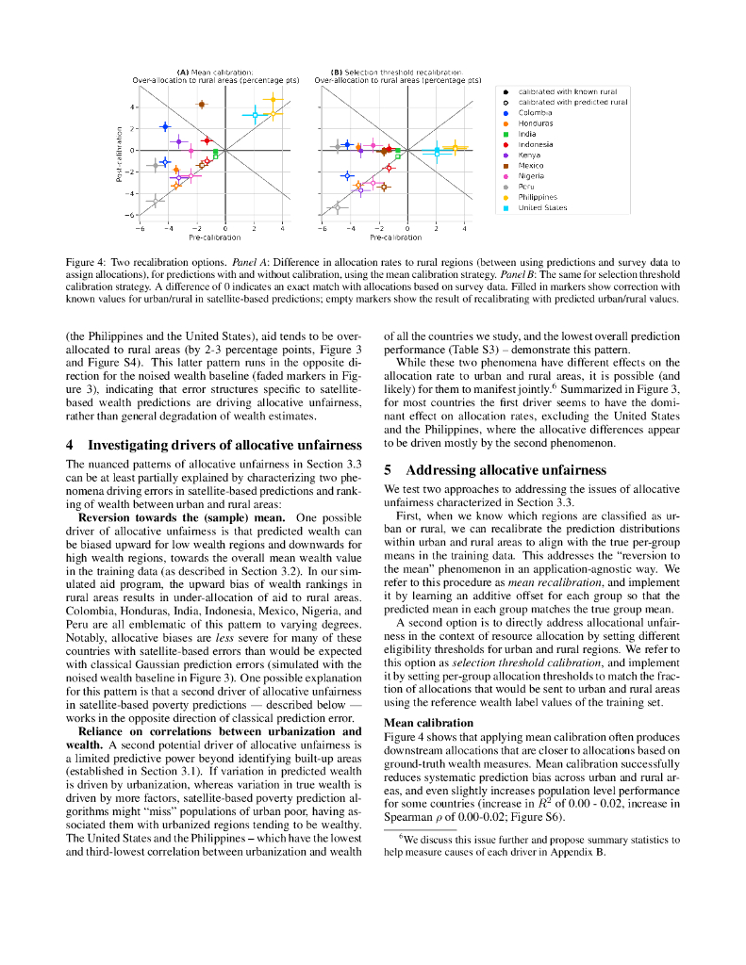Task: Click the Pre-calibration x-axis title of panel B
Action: (396, 237)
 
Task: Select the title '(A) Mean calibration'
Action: (215, 72)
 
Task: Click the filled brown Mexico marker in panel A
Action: (201, 105)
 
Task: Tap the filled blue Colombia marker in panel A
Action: (165, 126)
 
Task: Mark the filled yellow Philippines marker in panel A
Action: (273, 99)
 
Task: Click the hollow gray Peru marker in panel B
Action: (337, 207)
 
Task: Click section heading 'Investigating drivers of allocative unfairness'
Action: (224, 445)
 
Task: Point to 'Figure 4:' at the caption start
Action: (87, 261)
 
